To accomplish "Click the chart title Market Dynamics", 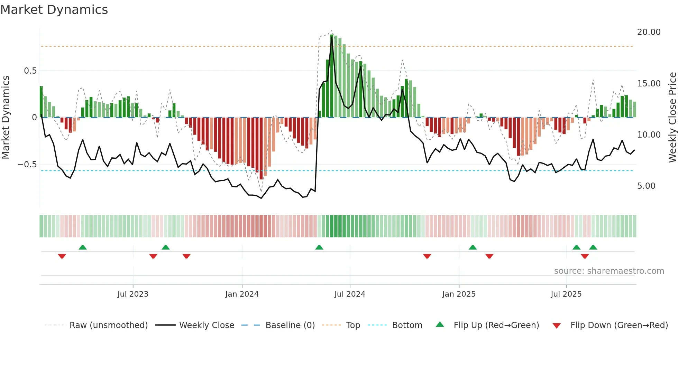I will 54,10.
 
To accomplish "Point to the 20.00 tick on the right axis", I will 649,32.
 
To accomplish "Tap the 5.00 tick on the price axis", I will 646,186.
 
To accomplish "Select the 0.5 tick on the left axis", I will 30,71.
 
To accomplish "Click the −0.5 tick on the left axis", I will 27,165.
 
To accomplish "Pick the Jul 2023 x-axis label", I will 133,294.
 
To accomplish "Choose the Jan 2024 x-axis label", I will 242,294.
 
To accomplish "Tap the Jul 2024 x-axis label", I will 350,294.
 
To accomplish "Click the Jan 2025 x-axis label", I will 459,294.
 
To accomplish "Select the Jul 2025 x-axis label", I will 566,294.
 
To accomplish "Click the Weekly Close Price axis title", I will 672,118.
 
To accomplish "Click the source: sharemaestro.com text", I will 609,271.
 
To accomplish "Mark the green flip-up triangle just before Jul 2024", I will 319,248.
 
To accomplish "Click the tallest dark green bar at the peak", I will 332,76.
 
